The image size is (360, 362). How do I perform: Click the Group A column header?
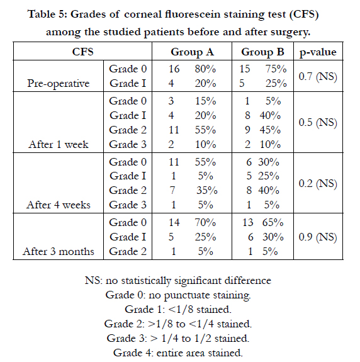(192, 52)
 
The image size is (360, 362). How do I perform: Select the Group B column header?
(262, 52)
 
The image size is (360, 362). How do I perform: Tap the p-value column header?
(318, 52)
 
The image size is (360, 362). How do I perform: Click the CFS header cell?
(82, 52)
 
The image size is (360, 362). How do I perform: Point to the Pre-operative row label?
(59, 84)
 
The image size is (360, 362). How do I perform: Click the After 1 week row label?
(59, 145)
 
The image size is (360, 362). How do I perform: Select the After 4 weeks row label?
(59, 205)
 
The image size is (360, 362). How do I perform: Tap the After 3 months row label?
(59, 251)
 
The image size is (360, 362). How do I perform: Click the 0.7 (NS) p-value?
(318, 76)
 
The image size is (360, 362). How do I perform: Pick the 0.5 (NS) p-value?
(318, 122)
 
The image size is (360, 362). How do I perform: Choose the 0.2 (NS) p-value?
(318, 184)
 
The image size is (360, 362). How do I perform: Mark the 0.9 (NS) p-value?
(318, 237)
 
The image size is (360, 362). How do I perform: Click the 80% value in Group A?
(205, 69)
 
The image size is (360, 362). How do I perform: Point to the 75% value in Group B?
(276, 69)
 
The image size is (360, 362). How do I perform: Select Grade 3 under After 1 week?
(128, 145)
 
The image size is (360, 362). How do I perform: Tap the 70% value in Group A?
(205, 223)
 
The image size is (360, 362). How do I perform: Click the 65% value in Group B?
(273, 223)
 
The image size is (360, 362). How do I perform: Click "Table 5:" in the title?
(48, 14)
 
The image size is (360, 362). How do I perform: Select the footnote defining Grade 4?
(178, 353)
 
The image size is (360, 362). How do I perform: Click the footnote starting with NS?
(178, 281)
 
